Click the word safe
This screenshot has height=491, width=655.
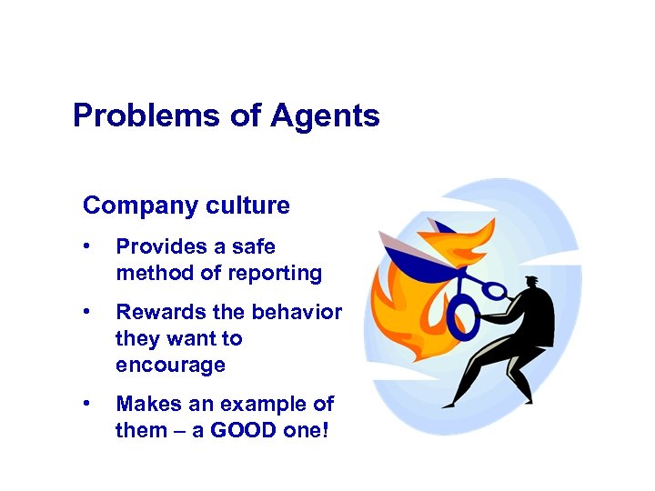[252, 246]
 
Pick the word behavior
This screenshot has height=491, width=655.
[299, 313]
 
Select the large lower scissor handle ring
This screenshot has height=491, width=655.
[464, 319]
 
